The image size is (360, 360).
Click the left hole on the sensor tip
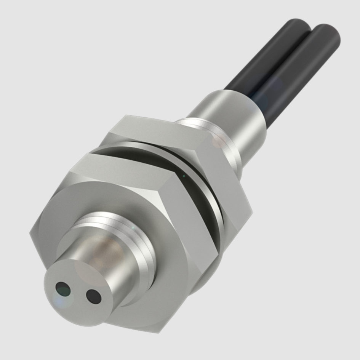63,289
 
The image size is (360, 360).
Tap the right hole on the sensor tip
93,296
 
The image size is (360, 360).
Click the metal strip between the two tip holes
78,293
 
